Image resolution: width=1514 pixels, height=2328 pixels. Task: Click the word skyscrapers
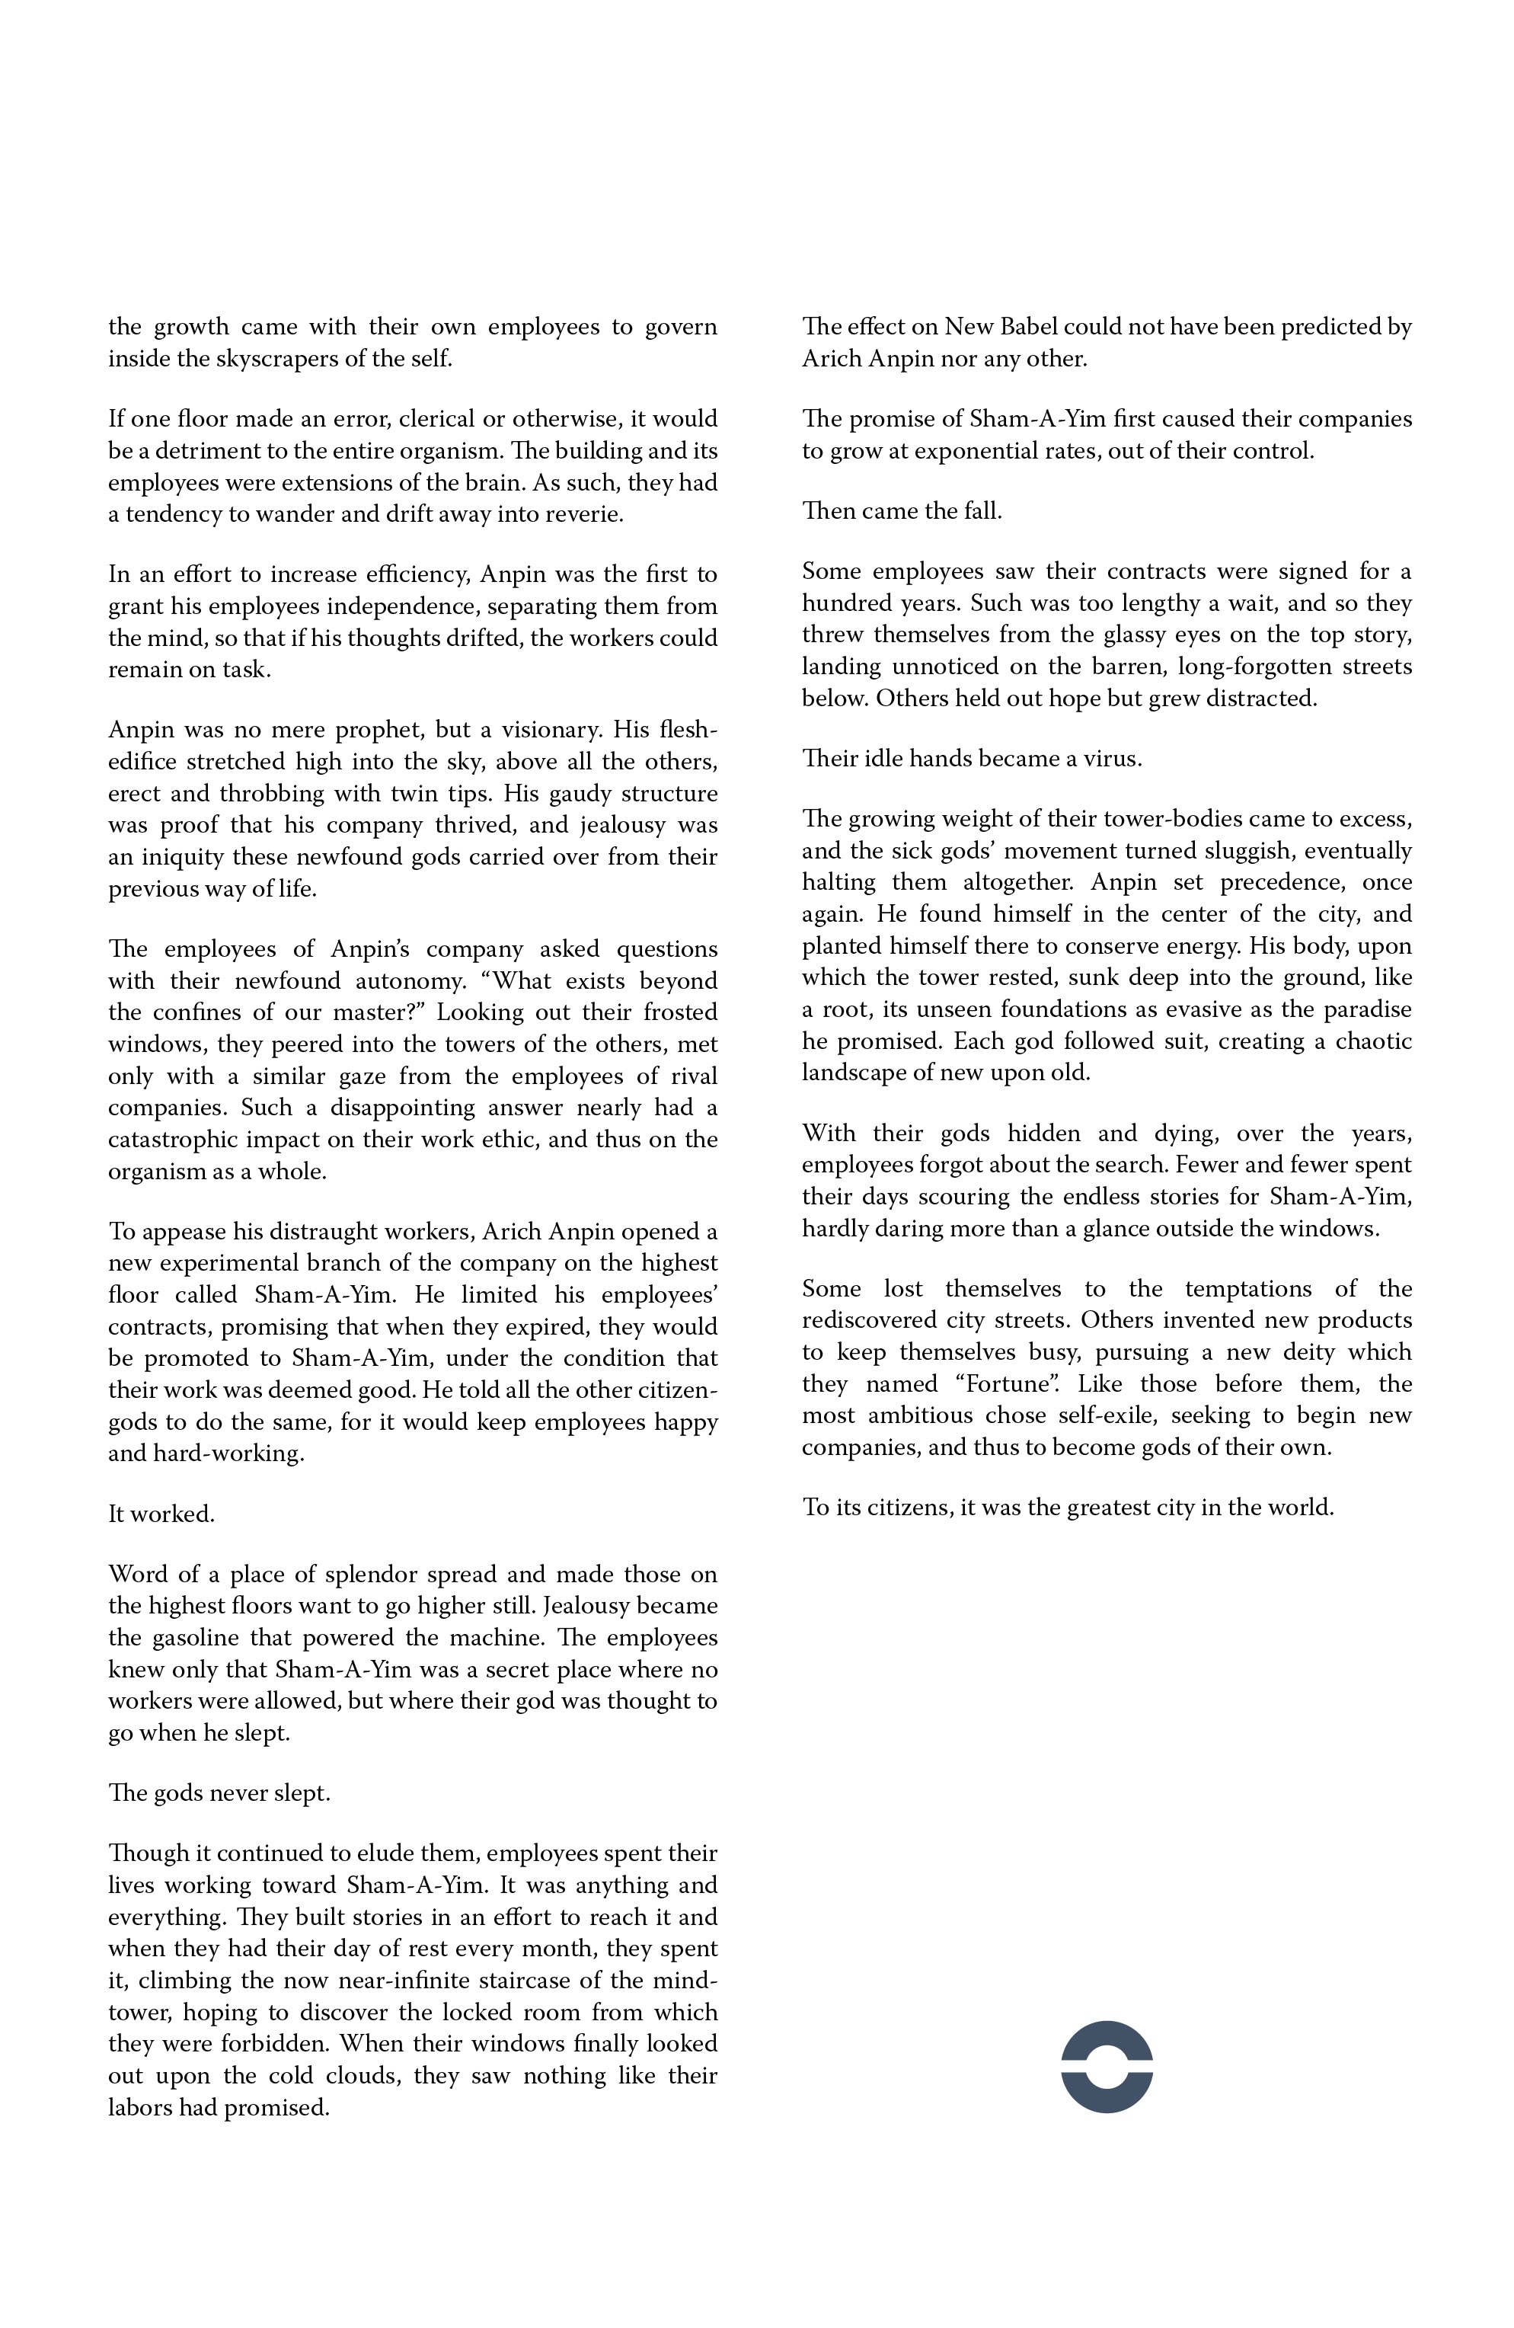[261, 359]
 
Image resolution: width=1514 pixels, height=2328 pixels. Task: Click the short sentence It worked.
[161, 1514]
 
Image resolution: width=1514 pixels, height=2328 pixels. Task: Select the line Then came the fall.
[902, 510]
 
